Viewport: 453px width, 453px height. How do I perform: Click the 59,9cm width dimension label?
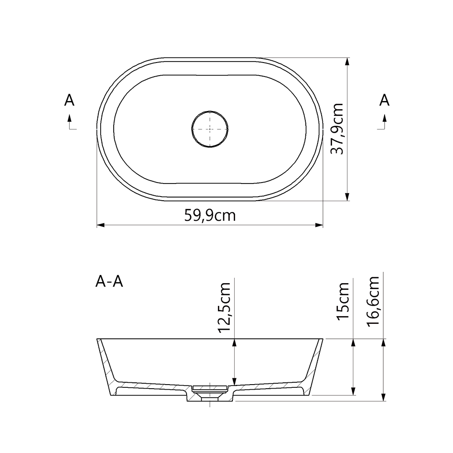pos(210,216)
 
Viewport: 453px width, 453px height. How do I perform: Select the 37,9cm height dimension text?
pos(337,129)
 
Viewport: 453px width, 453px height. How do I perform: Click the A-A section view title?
pos(109,282)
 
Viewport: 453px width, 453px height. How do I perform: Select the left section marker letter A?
pos(69,100)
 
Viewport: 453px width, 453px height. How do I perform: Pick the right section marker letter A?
pos(384,100)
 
